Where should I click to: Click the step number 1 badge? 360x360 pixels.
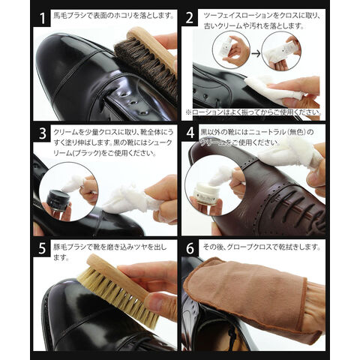(42, 18)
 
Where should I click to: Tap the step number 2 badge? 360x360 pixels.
(190, 18)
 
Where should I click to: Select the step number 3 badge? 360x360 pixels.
(42, 133)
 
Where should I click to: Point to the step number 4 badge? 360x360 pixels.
(190, 133)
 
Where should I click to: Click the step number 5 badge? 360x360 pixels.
(42, 248)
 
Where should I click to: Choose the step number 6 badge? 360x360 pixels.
(190, 248)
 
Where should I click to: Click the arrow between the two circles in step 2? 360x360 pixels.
(256, 53)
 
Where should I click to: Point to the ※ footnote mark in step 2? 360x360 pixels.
(188, 112)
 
